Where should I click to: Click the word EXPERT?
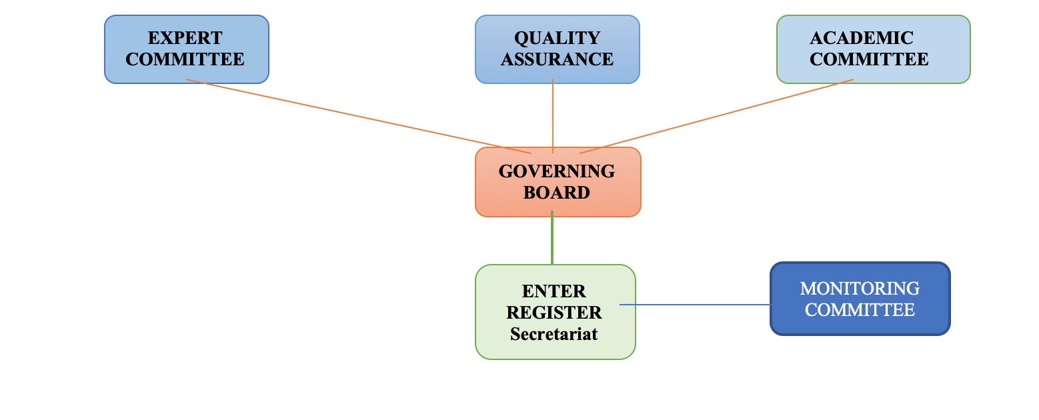[185, 38]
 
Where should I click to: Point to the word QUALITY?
[558, 38]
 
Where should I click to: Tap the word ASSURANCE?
[558, 59]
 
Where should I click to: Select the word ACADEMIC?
[861, 38]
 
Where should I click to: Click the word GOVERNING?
[557, 171]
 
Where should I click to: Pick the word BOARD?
[557, 193]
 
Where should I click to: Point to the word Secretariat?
[554, 333]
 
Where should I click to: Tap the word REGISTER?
[554, 312]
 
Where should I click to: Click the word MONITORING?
[860, 289]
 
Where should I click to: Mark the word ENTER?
[554, 291]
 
